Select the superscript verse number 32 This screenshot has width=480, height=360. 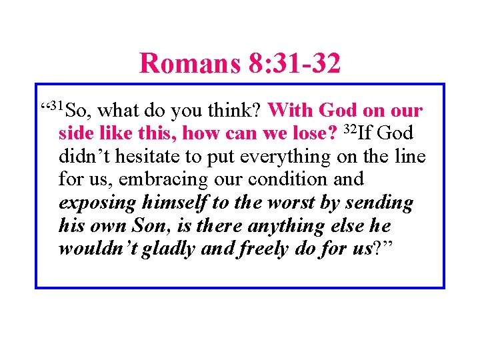[351, 129]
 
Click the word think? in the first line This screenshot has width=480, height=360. [240, 110]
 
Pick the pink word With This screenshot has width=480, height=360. [291, 110]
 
